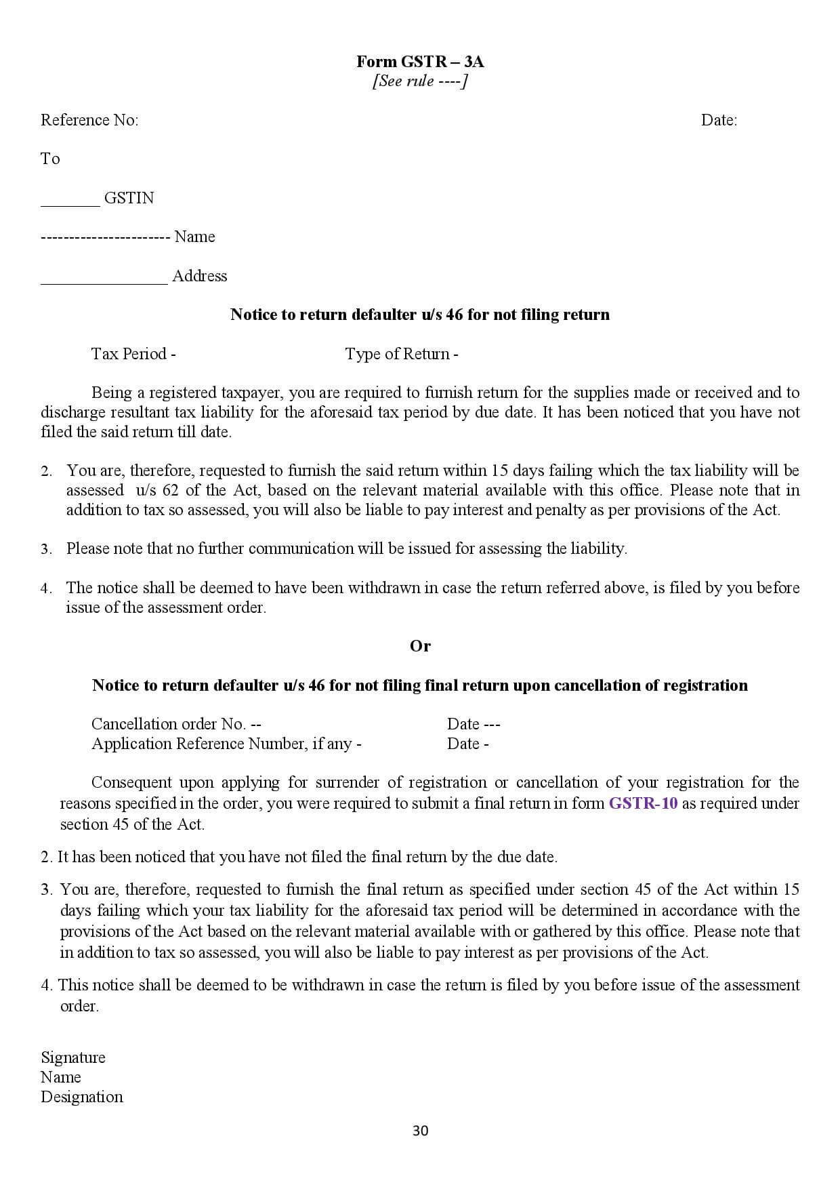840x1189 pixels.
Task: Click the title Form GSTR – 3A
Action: point(420,62)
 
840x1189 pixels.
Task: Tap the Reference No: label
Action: point(89,120)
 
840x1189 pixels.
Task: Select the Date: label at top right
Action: point(719,120)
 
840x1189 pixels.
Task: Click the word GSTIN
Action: point(129,198)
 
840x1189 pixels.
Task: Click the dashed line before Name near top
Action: point(105,237)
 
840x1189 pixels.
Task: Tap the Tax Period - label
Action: point(133,354)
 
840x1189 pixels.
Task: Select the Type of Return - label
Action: point(401,354)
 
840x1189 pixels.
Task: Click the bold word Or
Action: point(420,646)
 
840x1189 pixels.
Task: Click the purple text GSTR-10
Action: point(643,803)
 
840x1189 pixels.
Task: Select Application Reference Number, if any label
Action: point(226,744)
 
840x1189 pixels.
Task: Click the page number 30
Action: point(420,1131)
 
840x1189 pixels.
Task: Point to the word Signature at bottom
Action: point(73,1057)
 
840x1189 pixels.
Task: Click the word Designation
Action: point(82,1097)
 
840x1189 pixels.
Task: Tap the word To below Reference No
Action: point(50,159)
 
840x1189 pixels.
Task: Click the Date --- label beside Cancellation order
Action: point(473,724)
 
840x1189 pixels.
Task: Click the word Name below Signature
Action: point(61,1077)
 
